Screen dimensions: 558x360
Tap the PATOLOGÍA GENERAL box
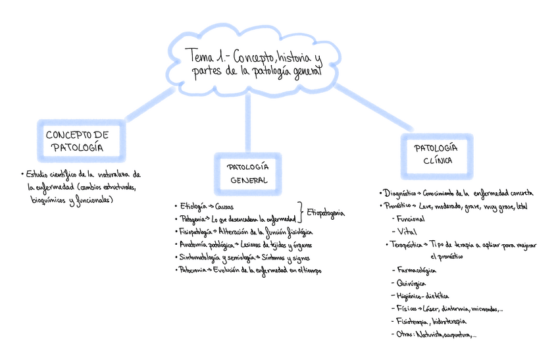(248, 174)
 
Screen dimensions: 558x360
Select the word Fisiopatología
(195, 232)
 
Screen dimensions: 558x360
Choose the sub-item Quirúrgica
(412, 283)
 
